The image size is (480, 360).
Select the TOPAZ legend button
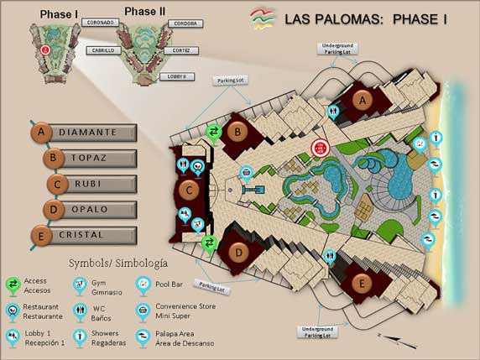(x=91, y=158)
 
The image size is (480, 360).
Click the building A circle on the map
(x=363, y=99)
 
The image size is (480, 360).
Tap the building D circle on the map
(x=238, y=253)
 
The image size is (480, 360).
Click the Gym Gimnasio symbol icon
(x=80, y=286)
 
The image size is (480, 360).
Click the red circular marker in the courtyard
(x=319, y=149)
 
